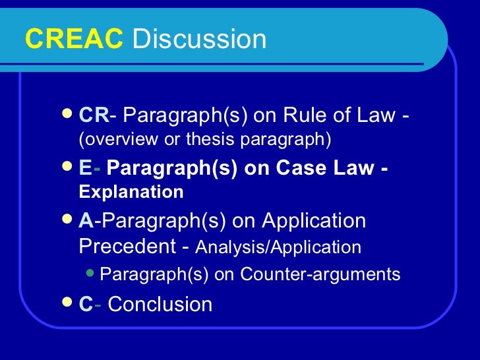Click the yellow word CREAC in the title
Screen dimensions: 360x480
click(74, 40)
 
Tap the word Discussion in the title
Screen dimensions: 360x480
click(199, 40)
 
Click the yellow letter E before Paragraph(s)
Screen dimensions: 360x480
click(85, 169)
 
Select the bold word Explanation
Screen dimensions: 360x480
click(131, 193)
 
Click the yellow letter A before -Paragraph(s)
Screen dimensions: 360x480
click(86, 221)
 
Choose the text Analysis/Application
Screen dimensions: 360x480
click(279, 248)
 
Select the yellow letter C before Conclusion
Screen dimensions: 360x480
click(86, 305)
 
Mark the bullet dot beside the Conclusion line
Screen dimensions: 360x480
click(65, 303)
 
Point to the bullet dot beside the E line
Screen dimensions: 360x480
click(65, 167)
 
